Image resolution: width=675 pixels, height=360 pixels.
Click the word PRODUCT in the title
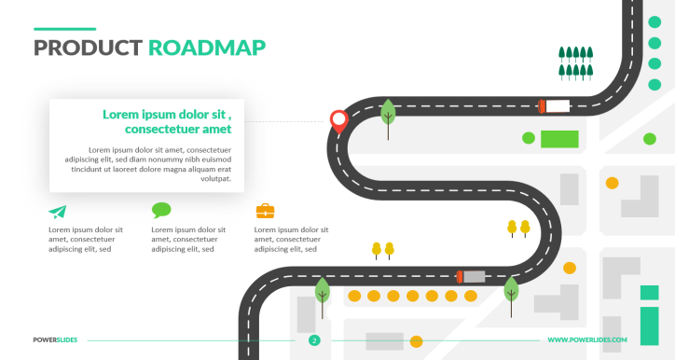(x=87, y=48)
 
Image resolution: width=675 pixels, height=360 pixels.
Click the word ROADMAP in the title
(x=207, y=48)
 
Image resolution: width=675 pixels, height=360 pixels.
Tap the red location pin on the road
(x=337, y=119)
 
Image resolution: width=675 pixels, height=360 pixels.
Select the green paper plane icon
(x=58, y=212)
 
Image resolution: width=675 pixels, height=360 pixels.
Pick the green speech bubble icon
(x=161, y=211)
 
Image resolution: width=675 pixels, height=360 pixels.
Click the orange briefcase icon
(x=265, y=211)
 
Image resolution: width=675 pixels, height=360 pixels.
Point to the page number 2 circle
(x=314, y=340)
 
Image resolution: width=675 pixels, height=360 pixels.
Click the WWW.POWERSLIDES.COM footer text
(x=587, y=340)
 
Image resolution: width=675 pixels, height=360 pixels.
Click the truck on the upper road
(x=554, y=105)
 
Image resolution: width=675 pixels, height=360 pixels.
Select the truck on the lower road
(x=471, y=276)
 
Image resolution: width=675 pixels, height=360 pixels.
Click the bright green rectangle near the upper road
(x=559, y=139)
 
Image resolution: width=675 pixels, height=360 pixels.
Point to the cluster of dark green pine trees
(x=575, y=62)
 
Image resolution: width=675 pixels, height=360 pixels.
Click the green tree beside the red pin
(x=388, y=115)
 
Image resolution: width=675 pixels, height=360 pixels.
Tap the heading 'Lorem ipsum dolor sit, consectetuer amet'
(x=168, y=121)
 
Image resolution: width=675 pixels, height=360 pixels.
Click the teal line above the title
(x=64, y=29)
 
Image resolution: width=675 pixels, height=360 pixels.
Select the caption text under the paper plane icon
(x=86, y=240)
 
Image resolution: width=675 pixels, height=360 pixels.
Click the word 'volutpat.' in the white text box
(x=214, y=178)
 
